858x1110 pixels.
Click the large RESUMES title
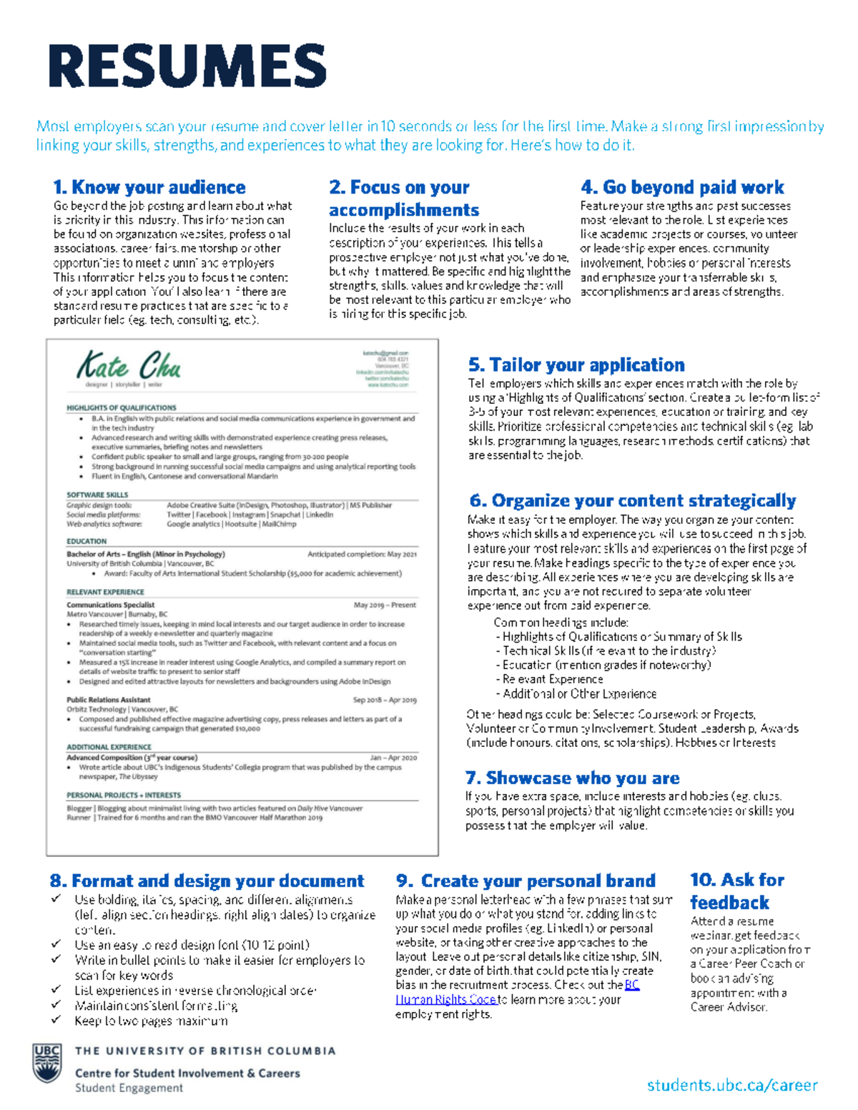click(x=187, y=66)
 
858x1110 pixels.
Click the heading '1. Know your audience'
click(x=149, y=187)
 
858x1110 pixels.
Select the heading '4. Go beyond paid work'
click(x=682, y=187)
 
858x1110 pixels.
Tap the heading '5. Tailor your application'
click(x=576, y=365)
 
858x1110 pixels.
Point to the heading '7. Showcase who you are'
click(x=572, y=778)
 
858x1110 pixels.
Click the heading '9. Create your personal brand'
click(x=526, y=881)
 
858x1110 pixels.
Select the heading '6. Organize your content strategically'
click(x=632, y=500)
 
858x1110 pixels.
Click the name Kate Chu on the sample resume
click(x=129, y=366)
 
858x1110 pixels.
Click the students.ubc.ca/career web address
click(x=732, y=1085)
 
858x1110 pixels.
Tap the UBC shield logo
click(x=47, y=1063)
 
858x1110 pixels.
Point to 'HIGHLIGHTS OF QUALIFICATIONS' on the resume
click(x=121, y=407)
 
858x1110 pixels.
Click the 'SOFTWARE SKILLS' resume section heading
click(x=97, y=495)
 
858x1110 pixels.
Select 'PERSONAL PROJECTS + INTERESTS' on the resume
click(x=124, y=795)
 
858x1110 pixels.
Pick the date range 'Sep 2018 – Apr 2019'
click(x=385, y=700)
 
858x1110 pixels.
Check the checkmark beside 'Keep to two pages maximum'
click(x=56, y=1020)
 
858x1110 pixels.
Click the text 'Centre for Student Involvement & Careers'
click(x=187, y=1073)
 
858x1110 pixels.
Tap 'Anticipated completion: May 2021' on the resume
click(x=362, y=554)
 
